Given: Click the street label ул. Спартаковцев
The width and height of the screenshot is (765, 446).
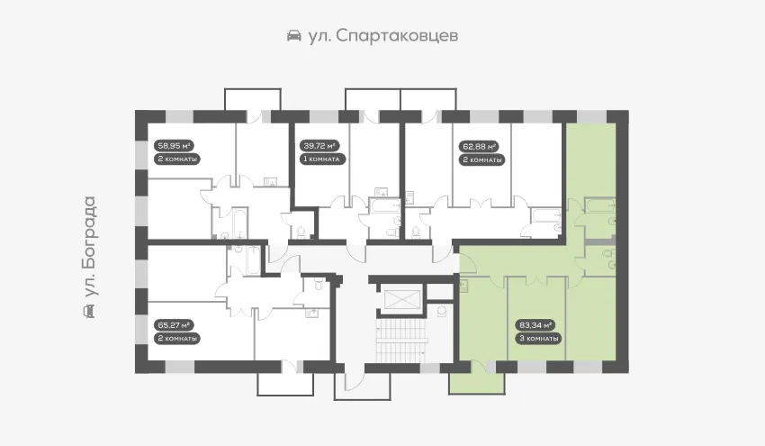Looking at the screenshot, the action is pos(383,36).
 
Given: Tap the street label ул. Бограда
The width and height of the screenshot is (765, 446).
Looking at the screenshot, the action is pos(89,247).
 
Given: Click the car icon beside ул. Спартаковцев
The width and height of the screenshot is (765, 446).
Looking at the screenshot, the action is pos(293,36).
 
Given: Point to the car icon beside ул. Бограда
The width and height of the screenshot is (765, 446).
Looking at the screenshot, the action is pos(89,311).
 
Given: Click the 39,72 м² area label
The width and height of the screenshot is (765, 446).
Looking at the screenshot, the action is pos(319,146).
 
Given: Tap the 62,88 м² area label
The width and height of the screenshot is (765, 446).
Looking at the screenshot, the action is pos(479,146).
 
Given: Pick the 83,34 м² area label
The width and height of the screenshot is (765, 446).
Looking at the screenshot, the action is pos(535,325).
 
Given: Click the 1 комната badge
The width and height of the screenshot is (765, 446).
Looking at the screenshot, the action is pos(322,159).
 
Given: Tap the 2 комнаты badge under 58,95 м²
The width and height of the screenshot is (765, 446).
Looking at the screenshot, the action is pos(177,159).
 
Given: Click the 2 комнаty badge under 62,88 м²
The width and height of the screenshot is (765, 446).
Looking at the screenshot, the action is pos(482,159).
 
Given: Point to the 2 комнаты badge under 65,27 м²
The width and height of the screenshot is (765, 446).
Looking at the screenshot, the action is pos(177,339).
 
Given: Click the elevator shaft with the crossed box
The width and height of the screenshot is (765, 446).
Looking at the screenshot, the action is pos(401,299).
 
